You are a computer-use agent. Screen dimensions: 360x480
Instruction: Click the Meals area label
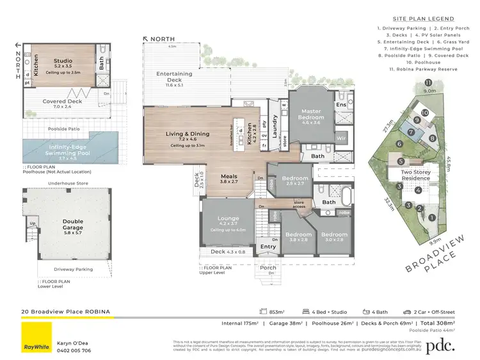tap(229, 179)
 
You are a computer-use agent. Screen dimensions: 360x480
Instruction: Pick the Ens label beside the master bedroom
tap(340, 104)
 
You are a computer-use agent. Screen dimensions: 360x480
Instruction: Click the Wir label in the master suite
tap(340, 137)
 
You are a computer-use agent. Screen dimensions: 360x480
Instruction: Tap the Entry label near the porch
tap(268, 247)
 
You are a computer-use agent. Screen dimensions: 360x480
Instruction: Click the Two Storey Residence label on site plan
tap(415, 176)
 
